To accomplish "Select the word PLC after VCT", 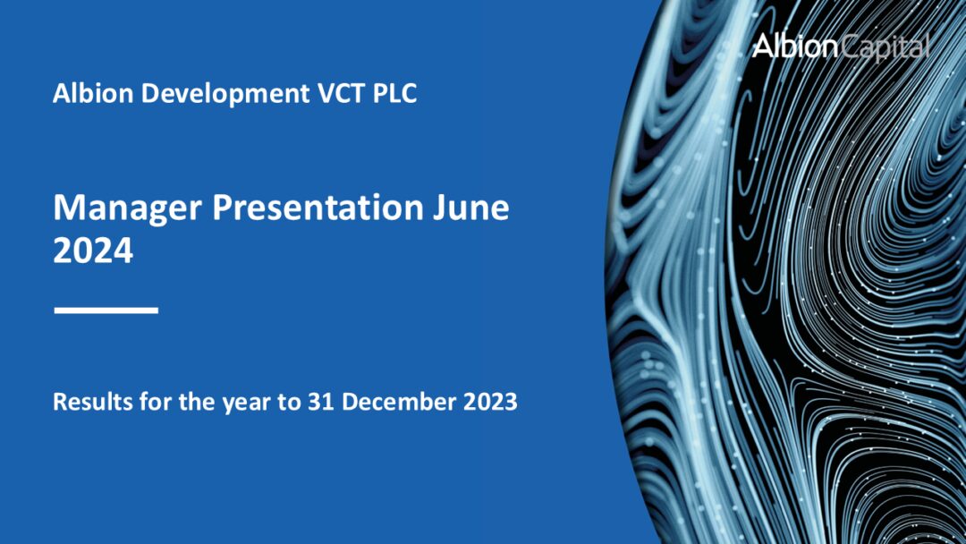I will [394, 93].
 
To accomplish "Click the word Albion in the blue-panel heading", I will [88, 93].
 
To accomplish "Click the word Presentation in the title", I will [317, 208].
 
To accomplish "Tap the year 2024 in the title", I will [93, 251].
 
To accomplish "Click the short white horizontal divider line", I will [106, 310].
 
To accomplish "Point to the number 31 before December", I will [320, 402].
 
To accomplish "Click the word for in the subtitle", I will [151, 402].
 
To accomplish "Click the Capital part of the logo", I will [885, 47].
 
